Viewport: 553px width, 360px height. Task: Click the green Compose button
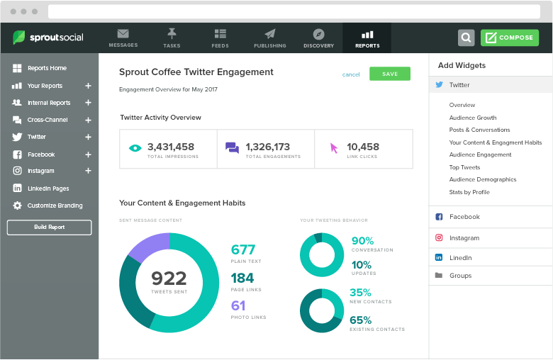[x=509, y=38]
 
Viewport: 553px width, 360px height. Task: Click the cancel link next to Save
[x=351, y=74]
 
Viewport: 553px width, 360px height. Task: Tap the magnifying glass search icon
[x=466, y=38]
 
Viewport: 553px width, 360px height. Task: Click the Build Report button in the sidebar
[x=49, y=227]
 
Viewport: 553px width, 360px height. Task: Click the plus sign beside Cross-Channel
[x=89, y=120]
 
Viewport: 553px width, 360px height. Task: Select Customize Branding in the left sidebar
[x=55, y=206]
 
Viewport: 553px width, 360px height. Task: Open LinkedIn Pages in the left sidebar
[x=48, y=189]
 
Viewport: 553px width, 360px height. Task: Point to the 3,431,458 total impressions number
[x=171, y=147]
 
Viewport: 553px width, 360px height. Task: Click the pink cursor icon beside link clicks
[x=334, y=148]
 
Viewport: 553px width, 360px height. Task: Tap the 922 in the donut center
[x=169, y=279]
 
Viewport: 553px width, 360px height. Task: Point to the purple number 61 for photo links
[x=238, y=305]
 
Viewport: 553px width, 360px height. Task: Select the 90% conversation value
[x=362, y=241]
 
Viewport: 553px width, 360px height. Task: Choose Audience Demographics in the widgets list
[x=483, y=179]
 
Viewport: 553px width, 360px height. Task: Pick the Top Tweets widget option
[x=464, y=167]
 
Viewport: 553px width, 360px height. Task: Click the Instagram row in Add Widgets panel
[x=464, y=238]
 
